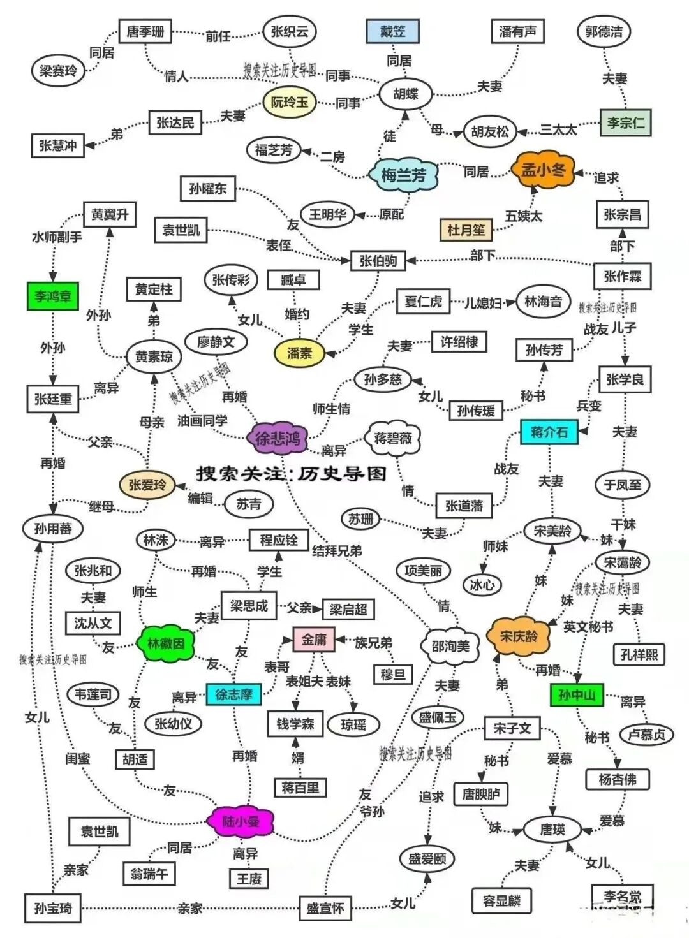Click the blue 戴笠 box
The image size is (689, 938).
(394, 31)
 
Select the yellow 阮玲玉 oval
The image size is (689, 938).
(290, 102)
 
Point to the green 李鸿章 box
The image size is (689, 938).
(53, 297)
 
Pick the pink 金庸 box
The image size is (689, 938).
(314, 639)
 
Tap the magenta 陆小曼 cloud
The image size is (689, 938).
(241, 822)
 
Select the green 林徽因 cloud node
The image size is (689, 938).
(166, 643)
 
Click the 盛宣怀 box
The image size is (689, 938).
(325, 907)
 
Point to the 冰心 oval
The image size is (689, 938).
(482, 584)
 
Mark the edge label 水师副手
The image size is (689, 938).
(57, 237)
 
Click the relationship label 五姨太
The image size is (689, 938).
(523, 216)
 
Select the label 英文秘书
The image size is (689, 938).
(588, 627)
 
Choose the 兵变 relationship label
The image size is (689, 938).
(589, 406)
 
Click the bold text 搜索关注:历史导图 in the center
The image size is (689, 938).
(291, 474)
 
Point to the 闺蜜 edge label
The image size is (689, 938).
(77, 758)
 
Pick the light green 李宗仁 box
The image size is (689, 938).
(625, 122)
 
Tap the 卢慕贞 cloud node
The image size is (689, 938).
(646, 734)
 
